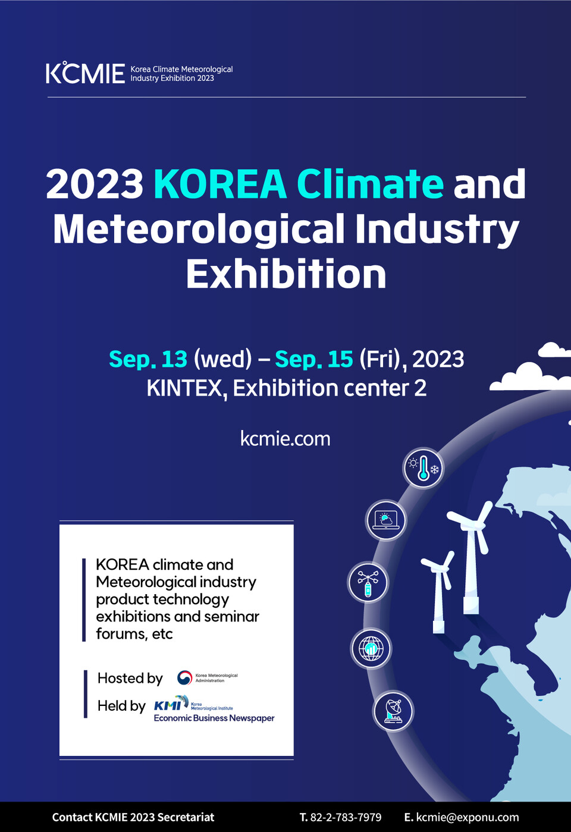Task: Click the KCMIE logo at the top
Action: point(85,73)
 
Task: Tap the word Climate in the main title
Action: point(369,184)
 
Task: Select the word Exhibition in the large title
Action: point(286,274)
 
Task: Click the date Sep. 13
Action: point(148,359)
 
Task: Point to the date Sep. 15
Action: point(314,359)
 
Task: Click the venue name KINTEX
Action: point(184,388)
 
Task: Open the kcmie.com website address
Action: point(285,439)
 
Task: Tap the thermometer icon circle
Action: point(423,468)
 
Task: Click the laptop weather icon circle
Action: point(386,520)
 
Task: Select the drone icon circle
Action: point(368,582)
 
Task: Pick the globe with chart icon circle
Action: point(371,648)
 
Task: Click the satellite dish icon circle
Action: point(393,711)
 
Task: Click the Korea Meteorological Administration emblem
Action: point(185,678)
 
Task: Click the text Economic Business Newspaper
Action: point(214,718)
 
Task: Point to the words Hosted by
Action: point(130,678)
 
